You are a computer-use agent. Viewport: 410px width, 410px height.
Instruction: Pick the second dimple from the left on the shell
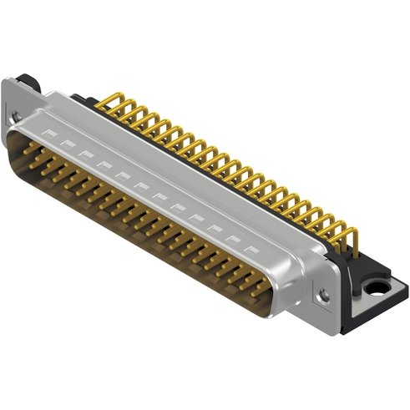pos(68,142)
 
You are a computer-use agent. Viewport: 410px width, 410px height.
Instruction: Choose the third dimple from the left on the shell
pos(84,151)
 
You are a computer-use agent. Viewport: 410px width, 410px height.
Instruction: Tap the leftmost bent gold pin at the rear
pos(104,102)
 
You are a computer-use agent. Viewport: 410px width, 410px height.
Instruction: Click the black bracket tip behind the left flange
pos(31,80)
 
